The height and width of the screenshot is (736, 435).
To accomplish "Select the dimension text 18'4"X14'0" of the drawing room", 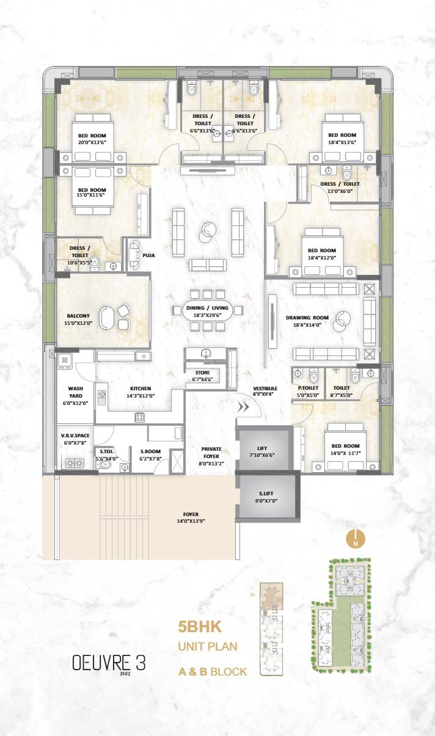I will tap(307, 325).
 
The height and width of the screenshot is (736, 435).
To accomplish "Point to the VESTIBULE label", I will tap(265, 388).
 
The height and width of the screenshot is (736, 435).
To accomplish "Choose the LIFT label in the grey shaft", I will tap(261, 448).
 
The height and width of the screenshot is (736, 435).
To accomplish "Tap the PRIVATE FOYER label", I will tap(211, 452).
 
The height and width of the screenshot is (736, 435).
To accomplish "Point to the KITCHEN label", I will tap(140, 388).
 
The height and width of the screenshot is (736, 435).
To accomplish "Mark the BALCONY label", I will tap(78, 316).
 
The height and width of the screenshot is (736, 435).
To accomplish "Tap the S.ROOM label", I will tap(150, 451).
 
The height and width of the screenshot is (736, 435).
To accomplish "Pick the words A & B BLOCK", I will tap(213, 672).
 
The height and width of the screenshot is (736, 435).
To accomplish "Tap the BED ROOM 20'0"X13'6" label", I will tap(92, 136).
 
